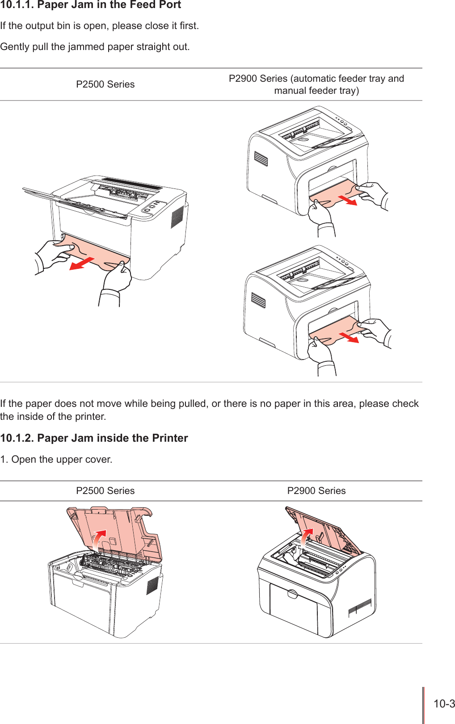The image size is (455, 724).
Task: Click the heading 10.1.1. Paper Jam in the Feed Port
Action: [x=91, y=5]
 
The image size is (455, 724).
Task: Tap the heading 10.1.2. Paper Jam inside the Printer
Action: [x=94, y=438]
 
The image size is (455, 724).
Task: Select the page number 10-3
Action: [x=444, y=704]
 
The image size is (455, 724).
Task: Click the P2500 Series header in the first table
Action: [x=105, y=84]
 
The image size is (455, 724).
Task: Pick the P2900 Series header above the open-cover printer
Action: [x=316, y=491]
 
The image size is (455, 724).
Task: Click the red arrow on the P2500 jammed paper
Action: [x=82, y=264]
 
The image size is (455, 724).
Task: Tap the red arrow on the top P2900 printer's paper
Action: [x=347, y=200]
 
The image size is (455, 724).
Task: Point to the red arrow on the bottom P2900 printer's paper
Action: [x=349, y=337]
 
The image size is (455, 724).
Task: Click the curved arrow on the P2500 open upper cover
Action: [x=99, y=540]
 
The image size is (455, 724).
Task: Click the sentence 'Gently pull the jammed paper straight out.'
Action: [x=95, y=47]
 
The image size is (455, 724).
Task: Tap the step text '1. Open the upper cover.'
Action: [x=56, y=460]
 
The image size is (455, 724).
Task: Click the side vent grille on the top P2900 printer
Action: [x=261, y=159]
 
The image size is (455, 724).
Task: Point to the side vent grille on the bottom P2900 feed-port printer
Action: [x=258, y=300]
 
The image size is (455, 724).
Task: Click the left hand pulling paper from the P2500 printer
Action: [x=50, y=255]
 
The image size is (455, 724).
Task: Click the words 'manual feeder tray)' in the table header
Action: [x=316, y=91]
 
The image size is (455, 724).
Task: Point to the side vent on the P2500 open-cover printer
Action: [x=152, y=585]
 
